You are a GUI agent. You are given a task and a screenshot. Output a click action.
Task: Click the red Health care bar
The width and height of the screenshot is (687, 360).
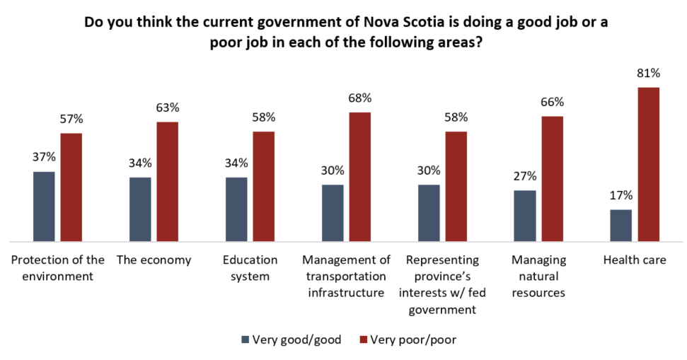coord(648,164)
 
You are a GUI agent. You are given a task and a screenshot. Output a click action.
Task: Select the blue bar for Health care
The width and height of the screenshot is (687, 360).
coord(620,225)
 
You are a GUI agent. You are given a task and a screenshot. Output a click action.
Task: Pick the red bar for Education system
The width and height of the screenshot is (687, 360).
coord(263,186)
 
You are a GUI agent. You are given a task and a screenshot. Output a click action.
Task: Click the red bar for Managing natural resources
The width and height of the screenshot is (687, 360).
coord(552,178)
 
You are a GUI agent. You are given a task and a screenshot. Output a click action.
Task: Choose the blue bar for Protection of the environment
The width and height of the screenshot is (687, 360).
coord(43,206)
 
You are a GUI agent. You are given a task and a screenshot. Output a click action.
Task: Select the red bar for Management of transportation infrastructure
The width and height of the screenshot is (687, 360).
coord(359,176)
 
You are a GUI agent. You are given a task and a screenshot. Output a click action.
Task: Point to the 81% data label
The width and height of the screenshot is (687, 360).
coord(648,73)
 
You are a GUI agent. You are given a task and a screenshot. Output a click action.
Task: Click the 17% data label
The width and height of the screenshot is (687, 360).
coord(620,195)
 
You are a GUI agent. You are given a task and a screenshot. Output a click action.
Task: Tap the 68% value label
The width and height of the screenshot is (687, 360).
coord(359,98)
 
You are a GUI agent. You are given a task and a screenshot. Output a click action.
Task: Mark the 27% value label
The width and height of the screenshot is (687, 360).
coord(525,176)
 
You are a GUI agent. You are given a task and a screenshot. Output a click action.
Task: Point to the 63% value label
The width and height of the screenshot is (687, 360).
coord(167,108)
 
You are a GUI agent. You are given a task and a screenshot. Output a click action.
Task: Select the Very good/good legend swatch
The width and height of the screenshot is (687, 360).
coord(246,339)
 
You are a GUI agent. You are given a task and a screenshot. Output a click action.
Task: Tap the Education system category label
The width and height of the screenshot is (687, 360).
coord(250,268)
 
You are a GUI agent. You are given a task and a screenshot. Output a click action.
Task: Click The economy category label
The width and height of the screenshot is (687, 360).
coord(154,260)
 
